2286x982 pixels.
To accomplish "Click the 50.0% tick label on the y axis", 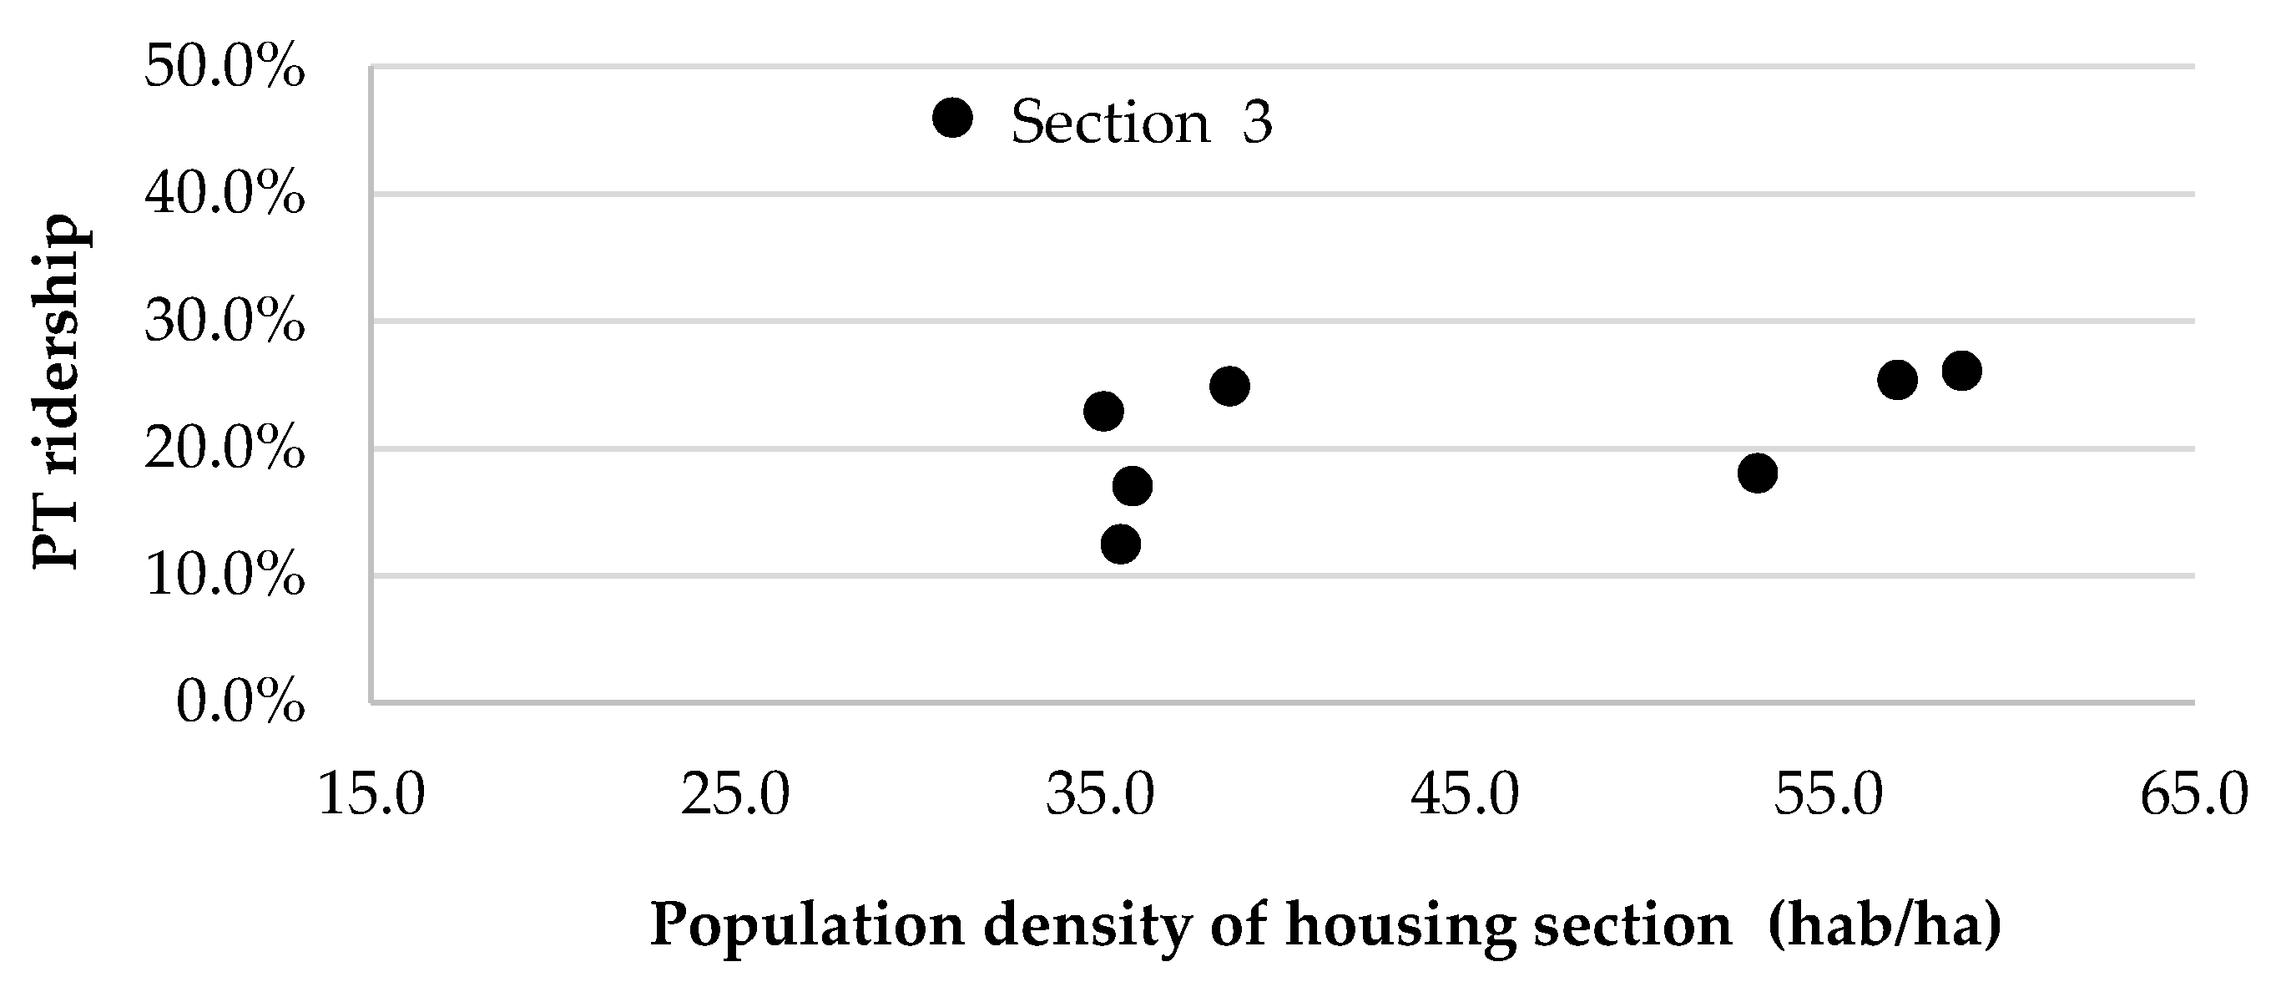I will [x=225, y=68].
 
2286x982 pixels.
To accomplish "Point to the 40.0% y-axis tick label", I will [x=225, y=195].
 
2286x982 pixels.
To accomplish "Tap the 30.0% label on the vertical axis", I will [x=225, y=322].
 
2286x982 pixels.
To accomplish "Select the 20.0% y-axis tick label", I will [x=225, y=450].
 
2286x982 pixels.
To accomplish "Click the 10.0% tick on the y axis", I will [x=225, y=577].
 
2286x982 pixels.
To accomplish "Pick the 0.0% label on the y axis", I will [x=240, y=703].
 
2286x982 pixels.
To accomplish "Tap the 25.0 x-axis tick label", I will [x=735, y=794].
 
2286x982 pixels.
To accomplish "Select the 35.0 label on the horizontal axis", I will [x=1100, y=794].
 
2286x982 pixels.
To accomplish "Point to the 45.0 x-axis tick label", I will [x=1465, y=794].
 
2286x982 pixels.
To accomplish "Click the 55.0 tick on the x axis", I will [x=1829, y=794].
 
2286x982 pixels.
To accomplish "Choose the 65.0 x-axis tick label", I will [x=2193, y=794].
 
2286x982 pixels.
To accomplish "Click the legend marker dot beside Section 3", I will [x=953, y=118].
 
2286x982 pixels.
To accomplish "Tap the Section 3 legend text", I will [x=1142, y=122].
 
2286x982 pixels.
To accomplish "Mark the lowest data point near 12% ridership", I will [x=1121, y=544].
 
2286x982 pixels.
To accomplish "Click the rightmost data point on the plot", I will [x=1962, y=371].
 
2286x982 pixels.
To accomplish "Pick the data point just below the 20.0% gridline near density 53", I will [x=1757, y=473].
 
